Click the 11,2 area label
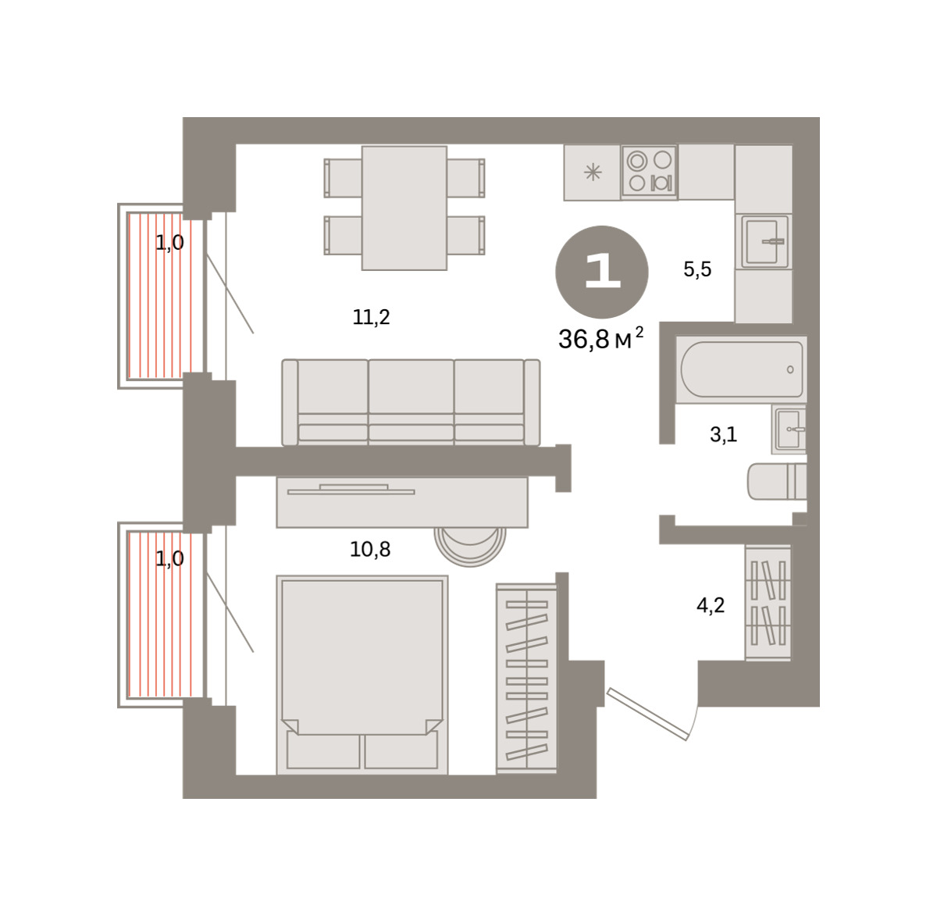[x=371, y=317]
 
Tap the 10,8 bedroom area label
[x=370, y=550]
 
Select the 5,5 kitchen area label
[x=697, y=269]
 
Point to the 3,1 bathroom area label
[x=723, y=434]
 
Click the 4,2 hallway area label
[x=711, y=605]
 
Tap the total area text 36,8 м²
[x=600, y=339]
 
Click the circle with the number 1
[x=602, y=272]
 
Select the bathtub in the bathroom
[x=742, y=369]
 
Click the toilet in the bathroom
[x=777, y=481]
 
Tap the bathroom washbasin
[x=789, y=429]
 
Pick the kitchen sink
[x=764, y=241]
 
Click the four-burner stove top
[x=650, y=171]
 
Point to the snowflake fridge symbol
[x=592, y=172]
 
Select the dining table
[x=404, y=208]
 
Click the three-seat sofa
[x=411, y=402]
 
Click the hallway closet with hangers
[x=768, y=603]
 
